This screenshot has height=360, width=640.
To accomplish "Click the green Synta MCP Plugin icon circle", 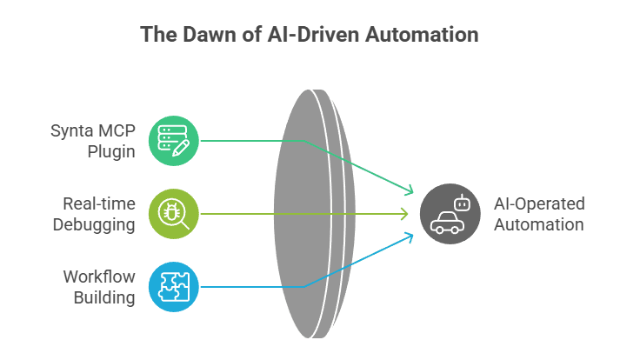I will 174,141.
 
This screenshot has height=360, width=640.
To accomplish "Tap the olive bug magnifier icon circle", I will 174,213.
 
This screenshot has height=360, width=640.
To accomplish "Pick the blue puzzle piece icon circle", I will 174,286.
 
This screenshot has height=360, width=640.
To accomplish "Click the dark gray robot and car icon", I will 450,213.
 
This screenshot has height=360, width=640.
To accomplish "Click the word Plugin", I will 110,152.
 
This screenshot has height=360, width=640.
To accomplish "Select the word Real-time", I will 98,203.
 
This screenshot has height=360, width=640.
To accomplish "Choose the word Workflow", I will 98,277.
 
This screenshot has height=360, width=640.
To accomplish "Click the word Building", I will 105,298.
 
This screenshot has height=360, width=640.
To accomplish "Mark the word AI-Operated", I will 539,203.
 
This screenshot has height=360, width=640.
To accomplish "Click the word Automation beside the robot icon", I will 538,224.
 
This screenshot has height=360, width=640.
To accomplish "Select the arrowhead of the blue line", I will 410,237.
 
